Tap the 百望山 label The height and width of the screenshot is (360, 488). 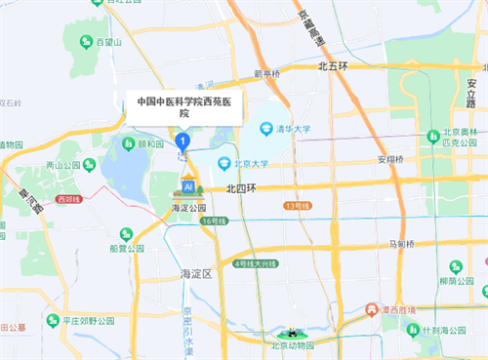[x=108, y=42]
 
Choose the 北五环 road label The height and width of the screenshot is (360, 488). [x=333, y=66]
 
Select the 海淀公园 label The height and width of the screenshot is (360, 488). [x=188, y=208]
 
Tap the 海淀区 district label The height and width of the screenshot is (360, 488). [x=196, y=273]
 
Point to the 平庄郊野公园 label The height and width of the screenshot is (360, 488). [x=88, y=319]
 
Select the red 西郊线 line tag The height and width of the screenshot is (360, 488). [x=69, y=199]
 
